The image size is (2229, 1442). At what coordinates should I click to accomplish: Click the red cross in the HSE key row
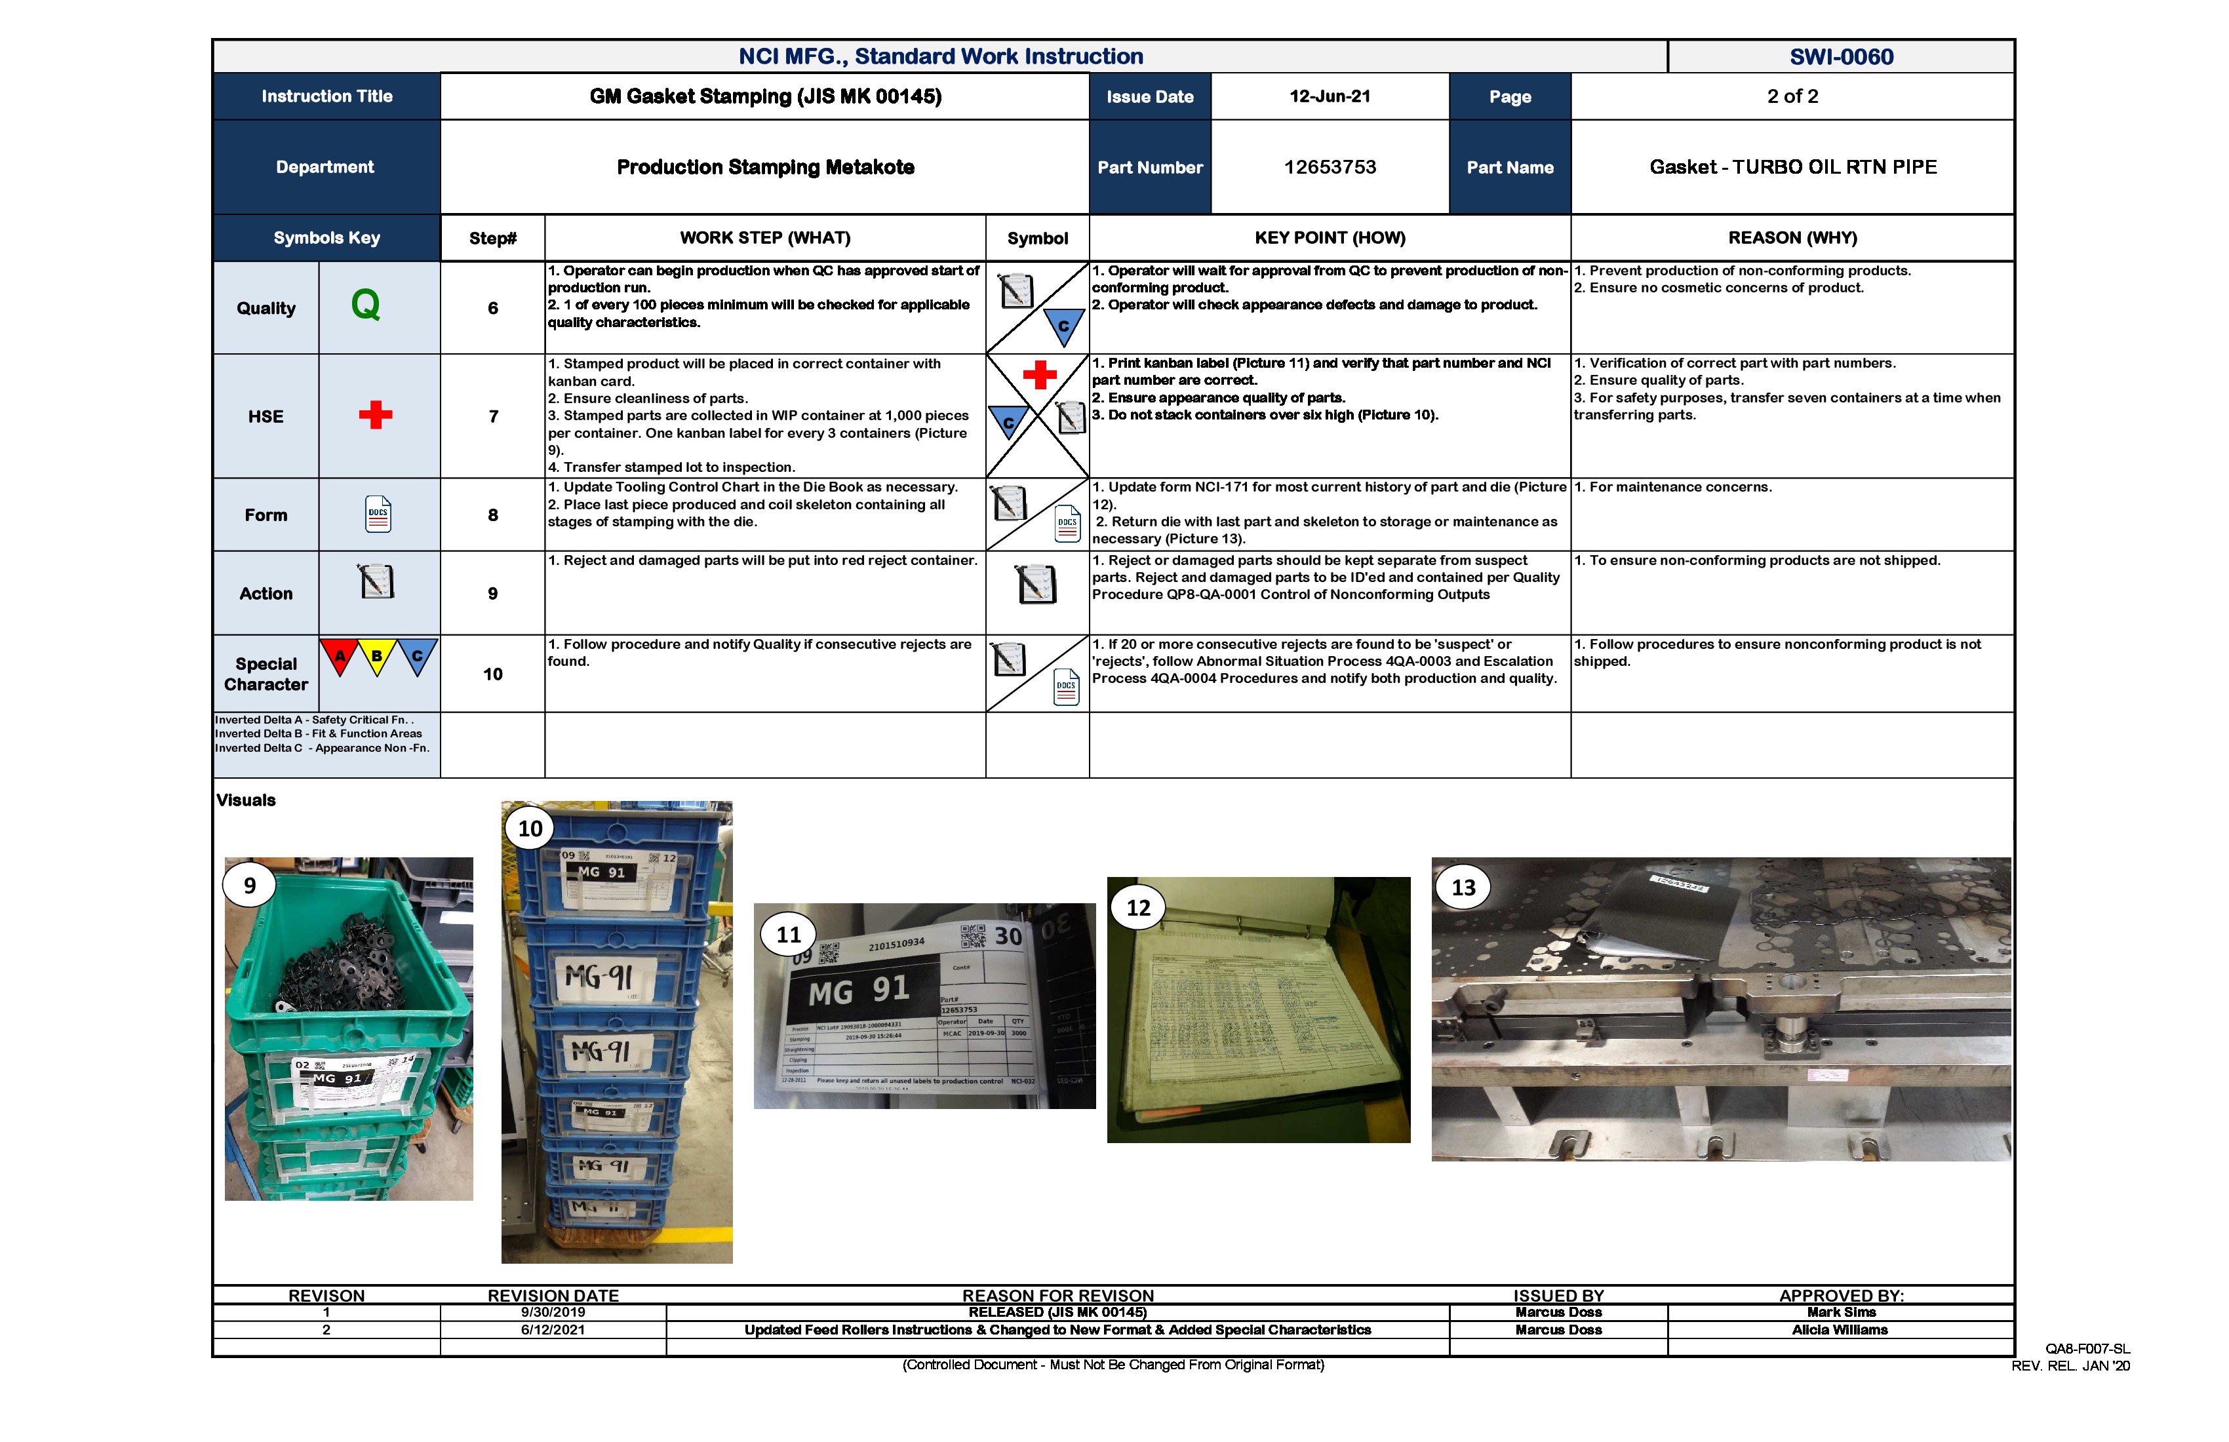[376, 415]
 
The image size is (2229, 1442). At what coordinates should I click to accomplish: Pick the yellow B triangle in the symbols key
[376, 655]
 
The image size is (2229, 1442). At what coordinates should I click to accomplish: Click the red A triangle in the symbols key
[340, 655]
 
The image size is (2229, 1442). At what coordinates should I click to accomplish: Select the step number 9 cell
[492, 594]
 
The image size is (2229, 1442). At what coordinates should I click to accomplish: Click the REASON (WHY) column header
[1792, 238]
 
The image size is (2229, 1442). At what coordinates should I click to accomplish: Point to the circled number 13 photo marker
[1463, 887]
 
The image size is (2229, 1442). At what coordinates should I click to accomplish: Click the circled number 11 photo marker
[789, 935]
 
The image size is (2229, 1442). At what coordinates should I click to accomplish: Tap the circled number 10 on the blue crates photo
[530, 828]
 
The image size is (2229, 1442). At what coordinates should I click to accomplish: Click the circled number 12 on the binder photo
[1138, 907]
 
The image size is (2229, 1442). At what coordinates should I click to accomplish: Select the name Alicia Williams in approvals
[1840, 1330]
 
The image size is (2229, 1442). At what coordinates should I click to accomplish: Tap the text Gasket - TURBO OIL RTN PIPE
[1792, 168]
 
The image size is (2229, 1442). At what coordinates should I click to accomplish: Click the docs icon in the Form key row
[378, 514]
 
